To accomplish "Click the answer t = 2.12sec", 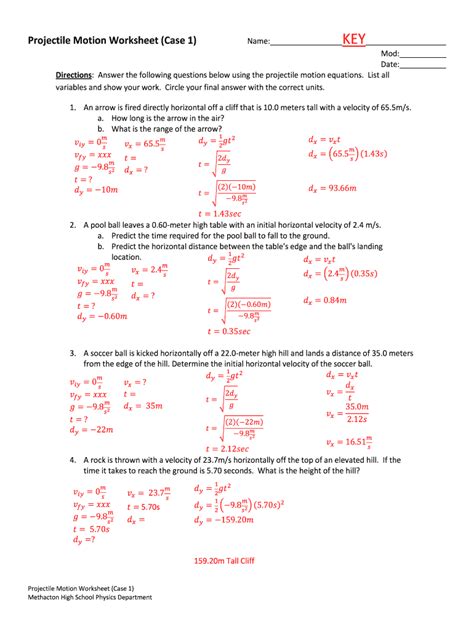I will click(x=229, y=449).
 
